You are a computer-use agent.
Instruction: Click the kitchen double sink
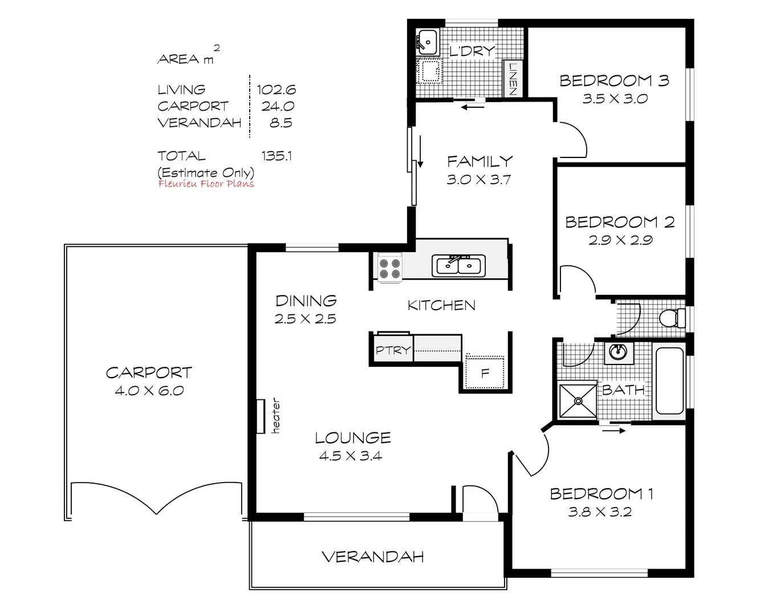(x=458, y=266)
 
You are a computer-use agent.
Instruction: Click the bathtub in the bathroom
(x=669, y=380)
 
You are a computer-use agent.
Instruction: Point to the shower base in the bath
(x=577, y=400)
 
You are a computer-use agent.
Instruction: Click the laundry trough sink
(x=426, y=42)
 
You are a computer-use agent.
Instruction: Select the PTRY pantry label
(x=392, y=350)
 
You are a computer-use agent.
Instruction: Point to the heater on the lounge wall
(x=261, y=416)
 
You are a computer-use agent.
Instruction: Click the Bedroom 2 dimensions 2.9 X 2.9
(x=620, y=240)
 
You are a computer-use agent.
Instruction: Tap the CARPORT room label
(x=149, y=372)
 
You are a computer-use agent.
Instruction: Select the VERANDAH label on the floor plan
(x=373, y=557)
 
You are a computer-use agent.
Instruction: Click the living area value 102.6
(x=276, y=90)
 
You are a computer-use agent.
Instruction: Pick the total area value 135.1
(x=277, y=156)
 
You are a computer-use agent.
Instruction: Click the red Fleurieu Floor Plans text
(x=206, y=184)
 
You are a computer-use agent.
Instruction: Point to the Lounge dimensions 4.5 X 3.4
(x=351, y=456)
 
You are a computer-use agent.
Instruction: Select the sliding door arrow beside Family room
(x=420, y=152)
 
